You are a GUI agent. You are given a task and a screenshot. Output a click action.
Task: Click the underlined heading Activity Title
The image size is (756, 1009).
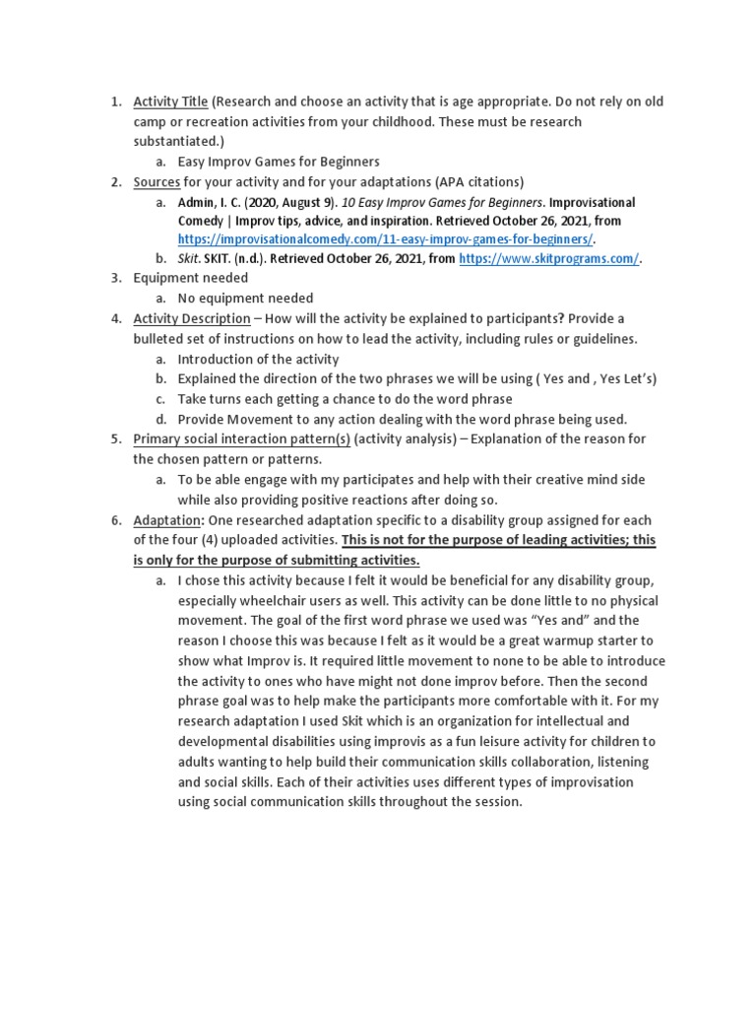tap(170, 101)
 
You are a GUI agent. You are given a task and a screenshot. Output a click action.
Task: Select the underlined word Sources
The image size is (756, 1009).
tap(156, 181)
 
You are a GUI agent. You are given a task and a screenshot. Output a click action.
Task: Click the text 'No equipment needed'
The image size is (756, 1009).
tap(245, 299)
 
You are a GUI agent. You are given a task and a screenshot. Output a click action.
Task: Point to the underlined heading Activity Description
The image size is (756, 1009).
tap(192, 318)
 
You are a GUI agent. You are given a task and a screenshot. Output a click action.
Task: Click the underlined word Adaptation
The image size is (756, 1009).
tap(167, 519)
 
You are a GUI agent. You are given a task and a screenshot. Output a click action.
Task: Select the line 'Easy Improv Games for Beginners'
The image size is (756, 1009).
tap(279, 162)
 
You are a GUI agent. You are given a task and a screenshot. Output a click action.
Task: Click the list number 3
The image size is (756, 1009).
tap(115, 279)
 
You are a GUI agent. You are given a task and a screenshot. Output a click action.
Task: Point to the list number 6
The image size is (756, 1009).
tap(115, 519)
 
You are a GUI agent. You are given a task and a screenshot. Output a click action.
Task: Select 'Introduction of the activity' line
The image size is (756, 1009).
tap(258, 359)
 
